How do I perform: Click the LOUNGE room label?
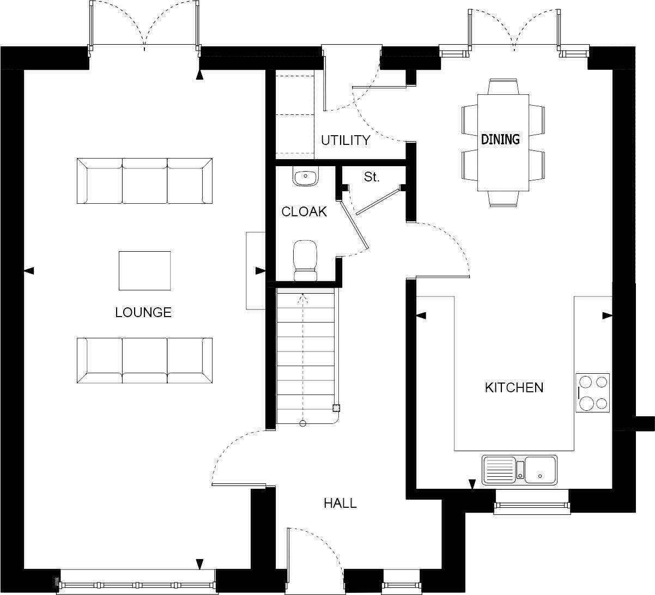click(x=143, y=312)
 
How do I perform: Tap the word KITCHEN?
click(x=514, y=387)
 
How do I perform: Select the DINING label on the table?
click(x=500, y=139)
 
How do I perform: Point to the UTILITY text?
click(x=345, y=140)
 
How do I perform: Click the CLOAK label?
click(x=304, y=211)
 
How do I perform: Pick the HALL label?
click(x=340, y=503)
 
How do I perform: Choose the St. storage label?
click(x=372, y=177)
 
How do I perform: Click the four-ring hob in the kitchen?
click(x=593, y=393)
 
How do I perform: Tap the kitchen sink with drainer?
click(x=519, y=469)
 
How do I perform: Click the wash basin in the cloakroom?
click(x=305, y=177)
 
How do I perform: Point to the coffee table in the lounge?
click(x=144, y=270)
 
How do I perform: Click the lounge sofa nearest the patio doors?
click(x=144, y=181)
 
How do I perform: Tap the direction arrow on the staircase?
click(x=304, y=299)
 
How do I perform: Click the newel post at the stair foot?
click(x=336, y=407)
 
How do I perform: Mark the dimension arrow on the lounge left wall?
click(x=29, y=270)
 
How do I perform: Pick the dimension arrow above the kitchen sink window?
click(x=472, y=483)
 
